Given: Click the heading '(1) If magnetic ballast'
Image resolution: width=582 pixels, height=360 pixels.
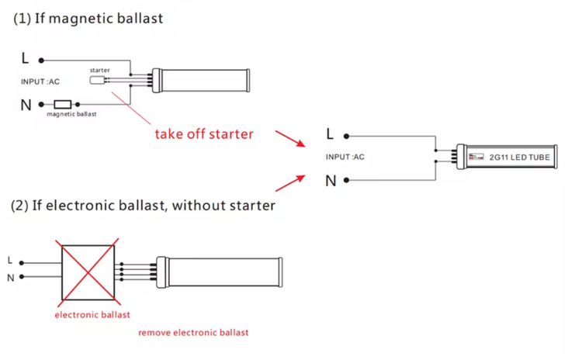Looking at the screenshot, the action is pyautogui.click(x=88, y=19).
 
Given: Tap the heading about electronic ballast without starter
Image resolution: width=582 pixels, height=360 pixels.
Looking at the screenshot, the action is pyautogui.click(x=143, y=206).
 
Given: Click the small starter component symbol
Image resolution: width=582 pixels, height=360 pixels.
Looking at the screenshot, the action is pyautogui.click(x=97, y=80).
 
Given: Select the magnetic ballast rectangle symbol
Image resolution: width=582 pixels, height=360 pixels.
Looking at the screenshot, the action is pyautogui.click(x=62, y=104).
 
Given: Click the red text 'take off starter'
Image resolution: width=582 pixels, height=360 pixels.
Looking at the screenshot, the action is pyautogui.click(x=204, y=134).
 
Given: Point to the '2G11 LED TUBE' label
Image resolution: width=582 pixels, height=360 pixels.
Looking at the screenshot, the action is pyautogui.click(x=519, y=157).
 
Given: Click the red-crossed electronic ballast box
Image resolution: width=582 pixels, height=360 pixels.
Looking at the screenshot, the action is pyautogui.click(x=88, y=272).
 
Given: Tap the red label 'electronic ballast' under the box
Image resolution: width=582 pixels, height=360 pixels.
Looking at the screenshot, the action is pyautogui.click(x=92, y=315).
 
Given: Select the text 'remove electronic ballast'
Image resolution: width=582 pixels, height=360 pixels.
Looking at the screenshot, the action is pyautogui.click(x=193, y=333).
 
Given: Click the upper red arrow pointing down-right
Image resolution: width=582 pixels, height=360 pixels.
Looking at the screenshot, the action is pyautogui.click(x=290, y=138).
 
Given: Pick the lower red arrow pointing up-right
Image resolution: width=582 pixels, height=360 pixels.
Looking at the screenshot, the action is pyautogui.click(x=290, y=183).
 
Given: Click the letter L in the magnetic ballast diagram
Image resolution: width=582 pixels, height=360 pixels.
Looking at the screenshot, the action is pyautogui.click(x=25, y=58).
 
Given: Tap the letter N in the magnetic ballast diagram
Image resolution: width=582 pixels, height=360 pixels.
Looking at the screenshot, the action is pyautogui.click(x=26, y=105).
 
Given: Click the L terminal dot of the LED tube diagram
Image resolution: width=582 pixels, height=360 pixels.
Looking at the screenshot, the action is pyautogui.click(x=346, y=137).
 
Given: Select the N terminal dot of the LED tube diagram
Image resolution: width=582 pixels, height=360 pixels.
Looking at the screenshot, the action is pyautogui.click(x=346, y=180).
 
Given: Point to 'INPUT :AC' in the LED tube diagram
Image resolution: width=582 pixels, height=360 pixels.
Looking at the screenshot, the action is pyautogui.click(x=345, y=157).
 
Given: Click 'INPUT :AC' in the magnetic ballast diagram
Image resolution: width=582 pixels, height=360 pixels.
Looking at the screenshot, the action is pyautogui.click(x=40, y=81).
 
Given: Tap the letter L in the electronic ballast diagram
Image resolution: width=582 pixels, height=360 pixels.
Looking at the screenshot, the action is pyautogui.click(x=10, y=261).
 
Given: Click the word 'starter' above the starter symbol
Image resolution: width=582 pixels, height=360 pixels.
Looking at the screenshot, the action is pyautogui.click(x=100, y=70).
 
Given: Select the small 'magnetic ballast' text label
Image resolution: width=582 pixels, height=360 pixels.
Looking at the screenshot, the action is pyautogui.click(x=71, y=114).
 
